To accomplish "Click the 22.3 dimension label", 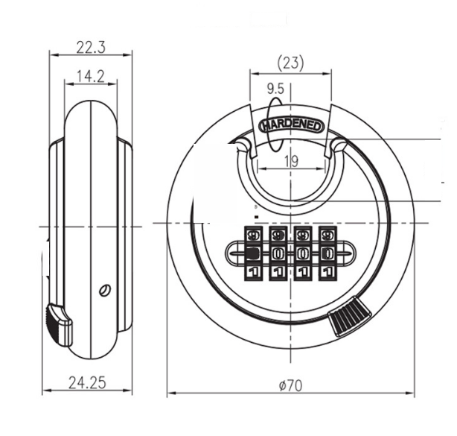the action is point(91,47).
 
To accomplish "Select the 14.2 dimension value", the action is point(91,77).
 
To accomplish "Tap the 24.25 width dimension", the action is point(87,383).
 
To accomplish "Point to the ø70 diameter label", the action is point(290,386).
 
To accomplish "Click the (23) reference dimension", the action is point(290,63).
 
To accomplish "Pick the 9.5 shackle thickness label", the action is point(275,89).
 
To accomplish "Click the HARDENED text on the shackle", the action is point(292,125).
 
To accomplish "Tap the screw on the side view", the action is point(105,290).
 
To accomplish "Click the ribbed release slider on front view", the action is point(350,316).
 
